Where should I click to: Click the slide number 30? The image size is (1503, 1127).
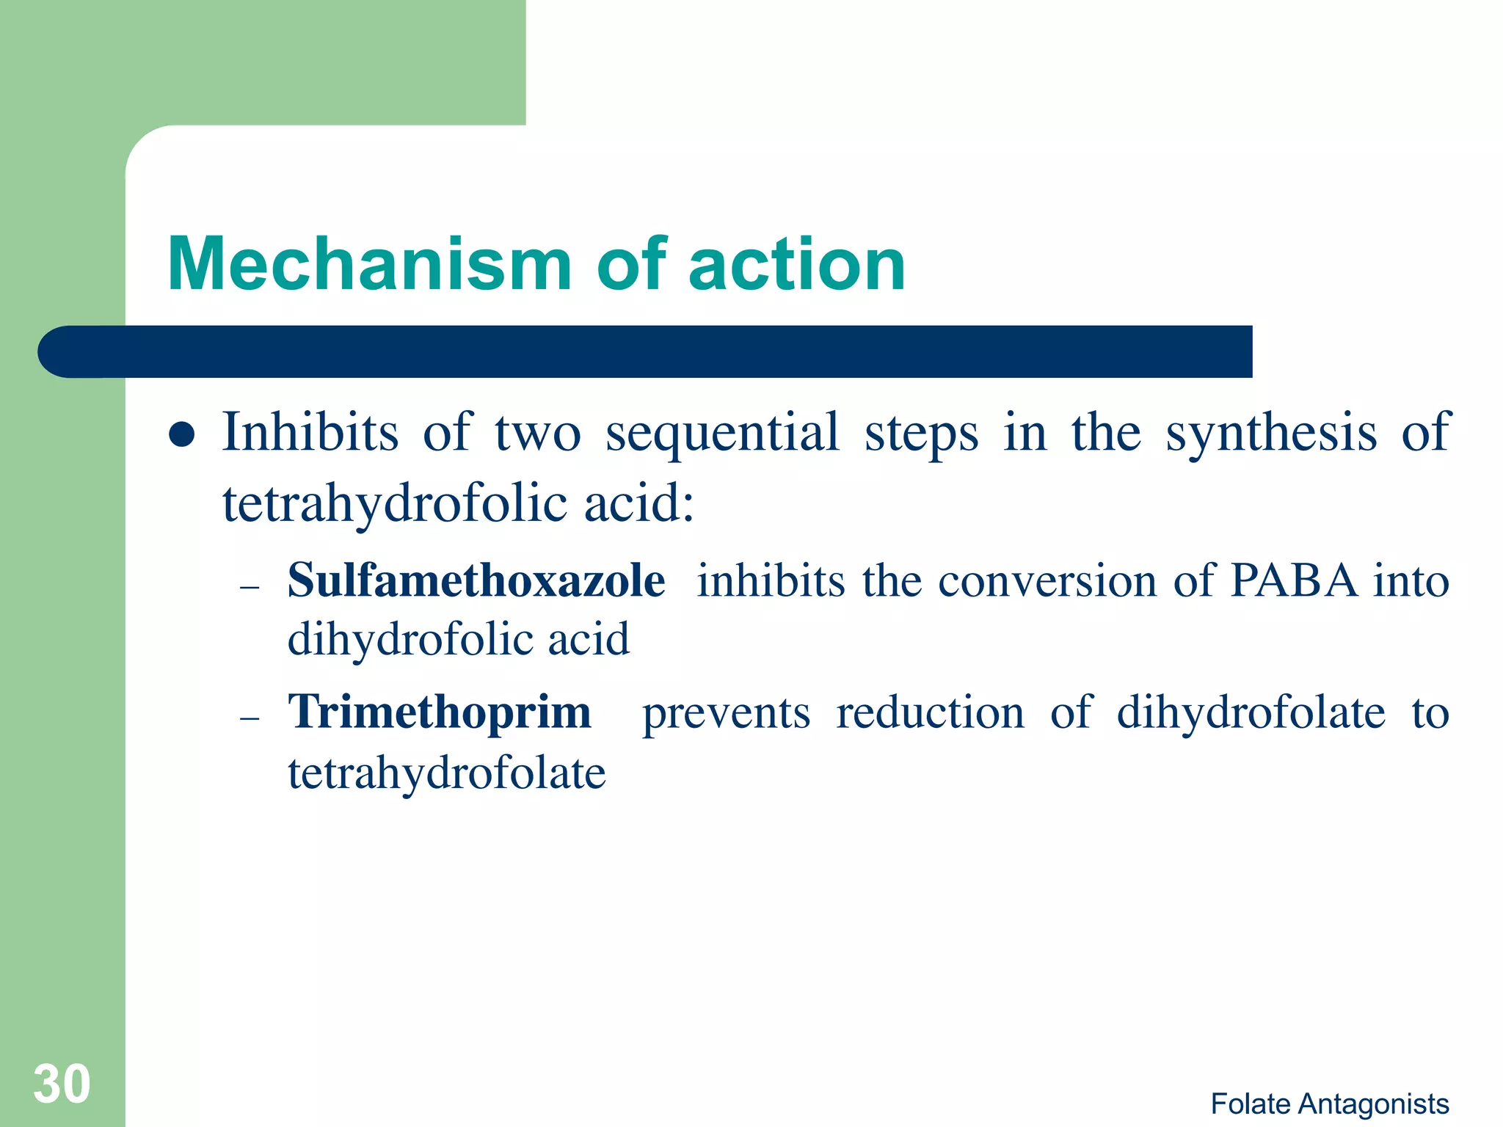pos(62,1084)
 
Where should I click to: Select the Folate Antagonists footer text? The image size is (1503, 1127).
pos(1329,1104)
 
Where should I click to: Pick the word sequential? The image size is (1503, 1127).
pos(722,433)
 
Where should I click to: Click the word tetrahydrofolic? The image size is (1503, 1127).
pos(395,504)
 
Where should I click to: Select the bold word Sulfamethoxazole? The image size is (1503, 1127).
pos(476,580)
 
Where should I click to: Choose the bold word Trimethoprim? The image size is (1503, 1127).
pos(440,712)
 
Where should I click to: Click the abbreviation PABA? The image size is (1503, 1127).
pos(1294,581)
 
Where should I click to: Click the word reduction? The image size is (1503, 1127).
pos(930,712)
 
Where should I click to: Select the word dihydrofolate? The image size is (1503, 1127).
pos(1251,712)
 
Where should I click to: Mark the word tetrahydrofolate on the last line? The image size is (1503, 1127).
pos(446,773)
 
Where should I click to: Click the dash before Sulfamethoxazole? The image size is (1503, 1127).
pos(250,587)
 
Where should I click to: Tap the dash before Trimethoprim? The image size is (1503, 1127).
pos(250,718)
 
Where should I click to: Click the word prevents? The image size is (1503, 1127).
pos(726,713)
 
